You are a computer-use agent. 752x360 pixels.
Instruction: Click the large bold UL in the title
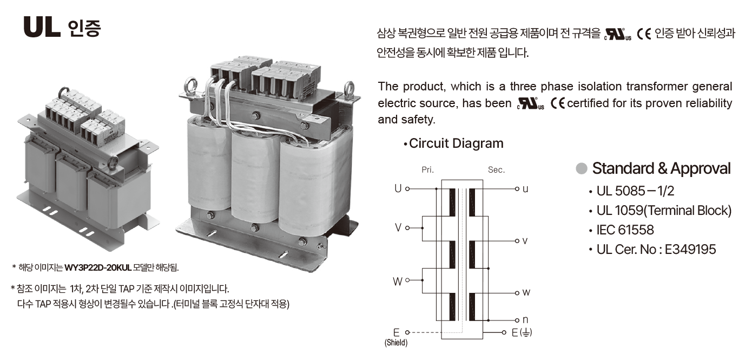[42, 27]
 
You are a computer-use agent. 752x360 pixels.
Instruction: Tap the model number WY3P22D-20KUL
[98, 267]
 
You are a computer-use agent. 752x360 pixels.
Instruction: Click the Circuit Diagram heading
[456, 143]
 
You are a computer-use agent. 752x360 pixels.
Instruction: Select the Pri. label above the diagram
[428, 170]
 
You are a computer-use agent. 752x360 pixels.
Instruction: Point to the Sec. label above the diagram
[496, 170]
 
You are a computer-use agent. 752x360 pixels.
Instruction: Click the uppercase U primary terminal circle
[407, 189]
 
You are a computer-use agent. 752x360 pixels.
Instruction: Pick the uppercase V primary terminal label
[398, 228]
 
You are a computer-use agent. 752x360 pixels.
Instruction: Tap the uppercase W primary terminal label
[398, 282]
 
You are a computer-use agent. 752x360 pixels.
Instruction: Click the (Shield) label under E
[396, 343]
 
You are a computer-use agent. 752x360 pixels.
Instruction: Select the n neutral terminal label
[525, 320]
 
